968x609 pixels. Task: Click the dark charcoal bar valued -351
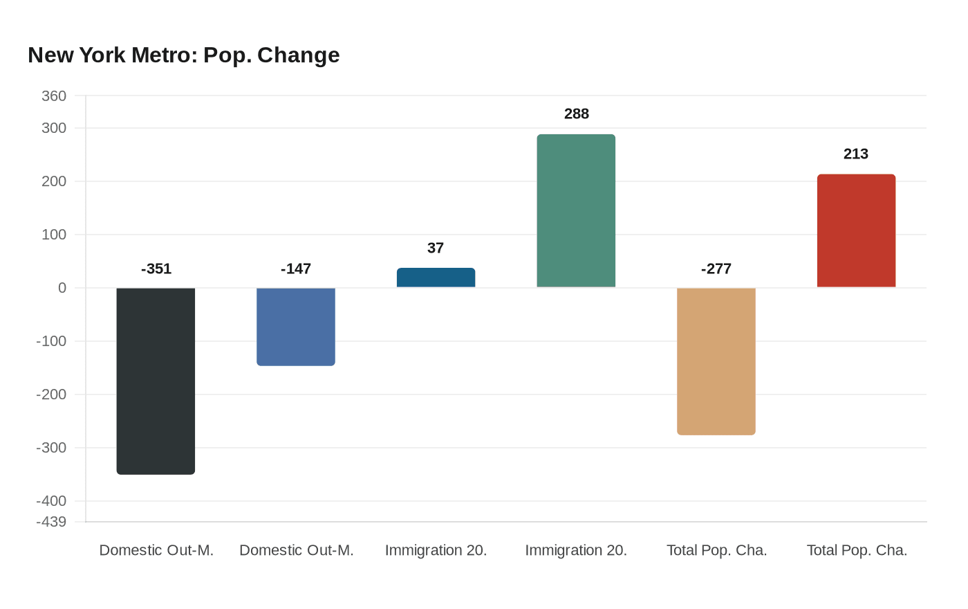[156, 381]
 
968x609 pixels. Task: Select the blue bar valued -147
[296, 327]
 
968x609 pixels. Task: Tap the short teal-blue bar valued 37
[436, 278]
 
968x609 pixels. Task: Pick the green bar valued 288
[576, 211]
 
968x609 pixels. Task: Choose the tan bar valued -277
[716, 361]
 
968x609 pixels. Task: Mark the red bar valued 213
[856, 230]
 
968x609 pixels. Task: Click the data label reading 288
[577, 114]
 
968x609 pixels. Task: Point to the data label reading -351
[156, 269]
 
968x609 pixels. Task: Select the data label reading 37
[436, 248]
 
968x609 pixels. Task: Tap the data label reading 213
[856, 154]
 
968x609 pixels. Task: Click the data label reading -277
[716, 269]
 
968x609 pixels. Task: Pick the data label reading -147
[296, 269]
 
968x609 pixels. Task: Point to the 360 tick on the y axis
[54, 96]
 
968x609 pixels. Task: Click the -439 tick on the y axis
[51, 522]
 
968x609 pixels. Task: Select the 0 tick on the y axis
[62, 288]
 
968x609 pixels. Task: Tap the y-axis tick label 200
[54, 181]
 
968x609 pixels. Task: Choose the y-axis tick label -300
[51, 448]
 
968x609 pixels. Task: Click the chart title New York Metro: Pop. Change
[184, 55]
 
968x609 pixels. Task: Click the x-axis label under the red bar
[857, 550]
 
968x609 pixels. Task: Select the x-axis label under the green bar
[576, 550]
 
